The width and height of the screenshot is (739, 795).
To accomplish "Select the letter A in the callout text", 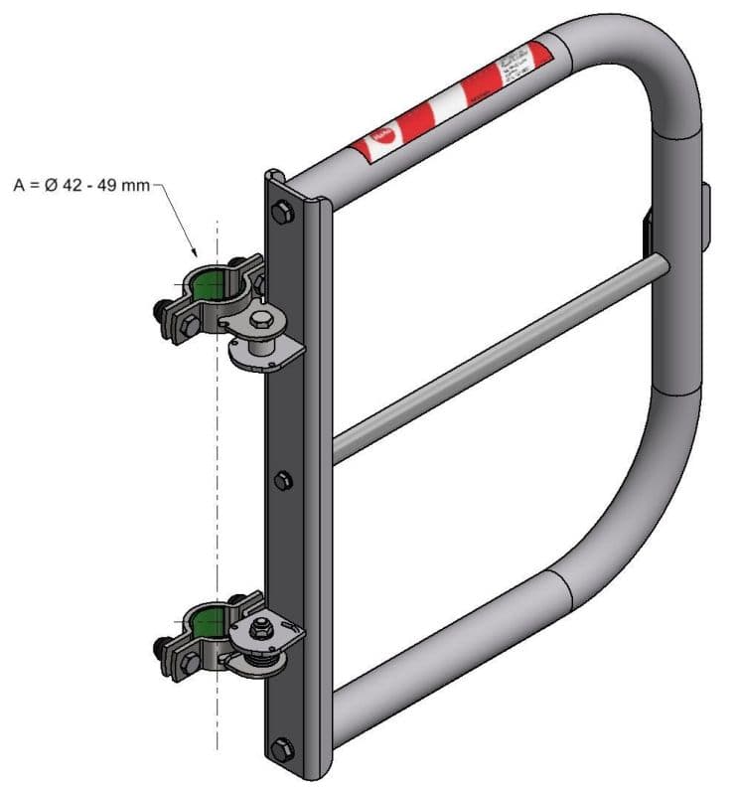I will pyautogui.click(x=19, y=184).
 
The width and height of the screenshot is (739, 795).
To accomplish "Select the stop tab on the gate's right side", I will pyautogui.click(x=705, y=217).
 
